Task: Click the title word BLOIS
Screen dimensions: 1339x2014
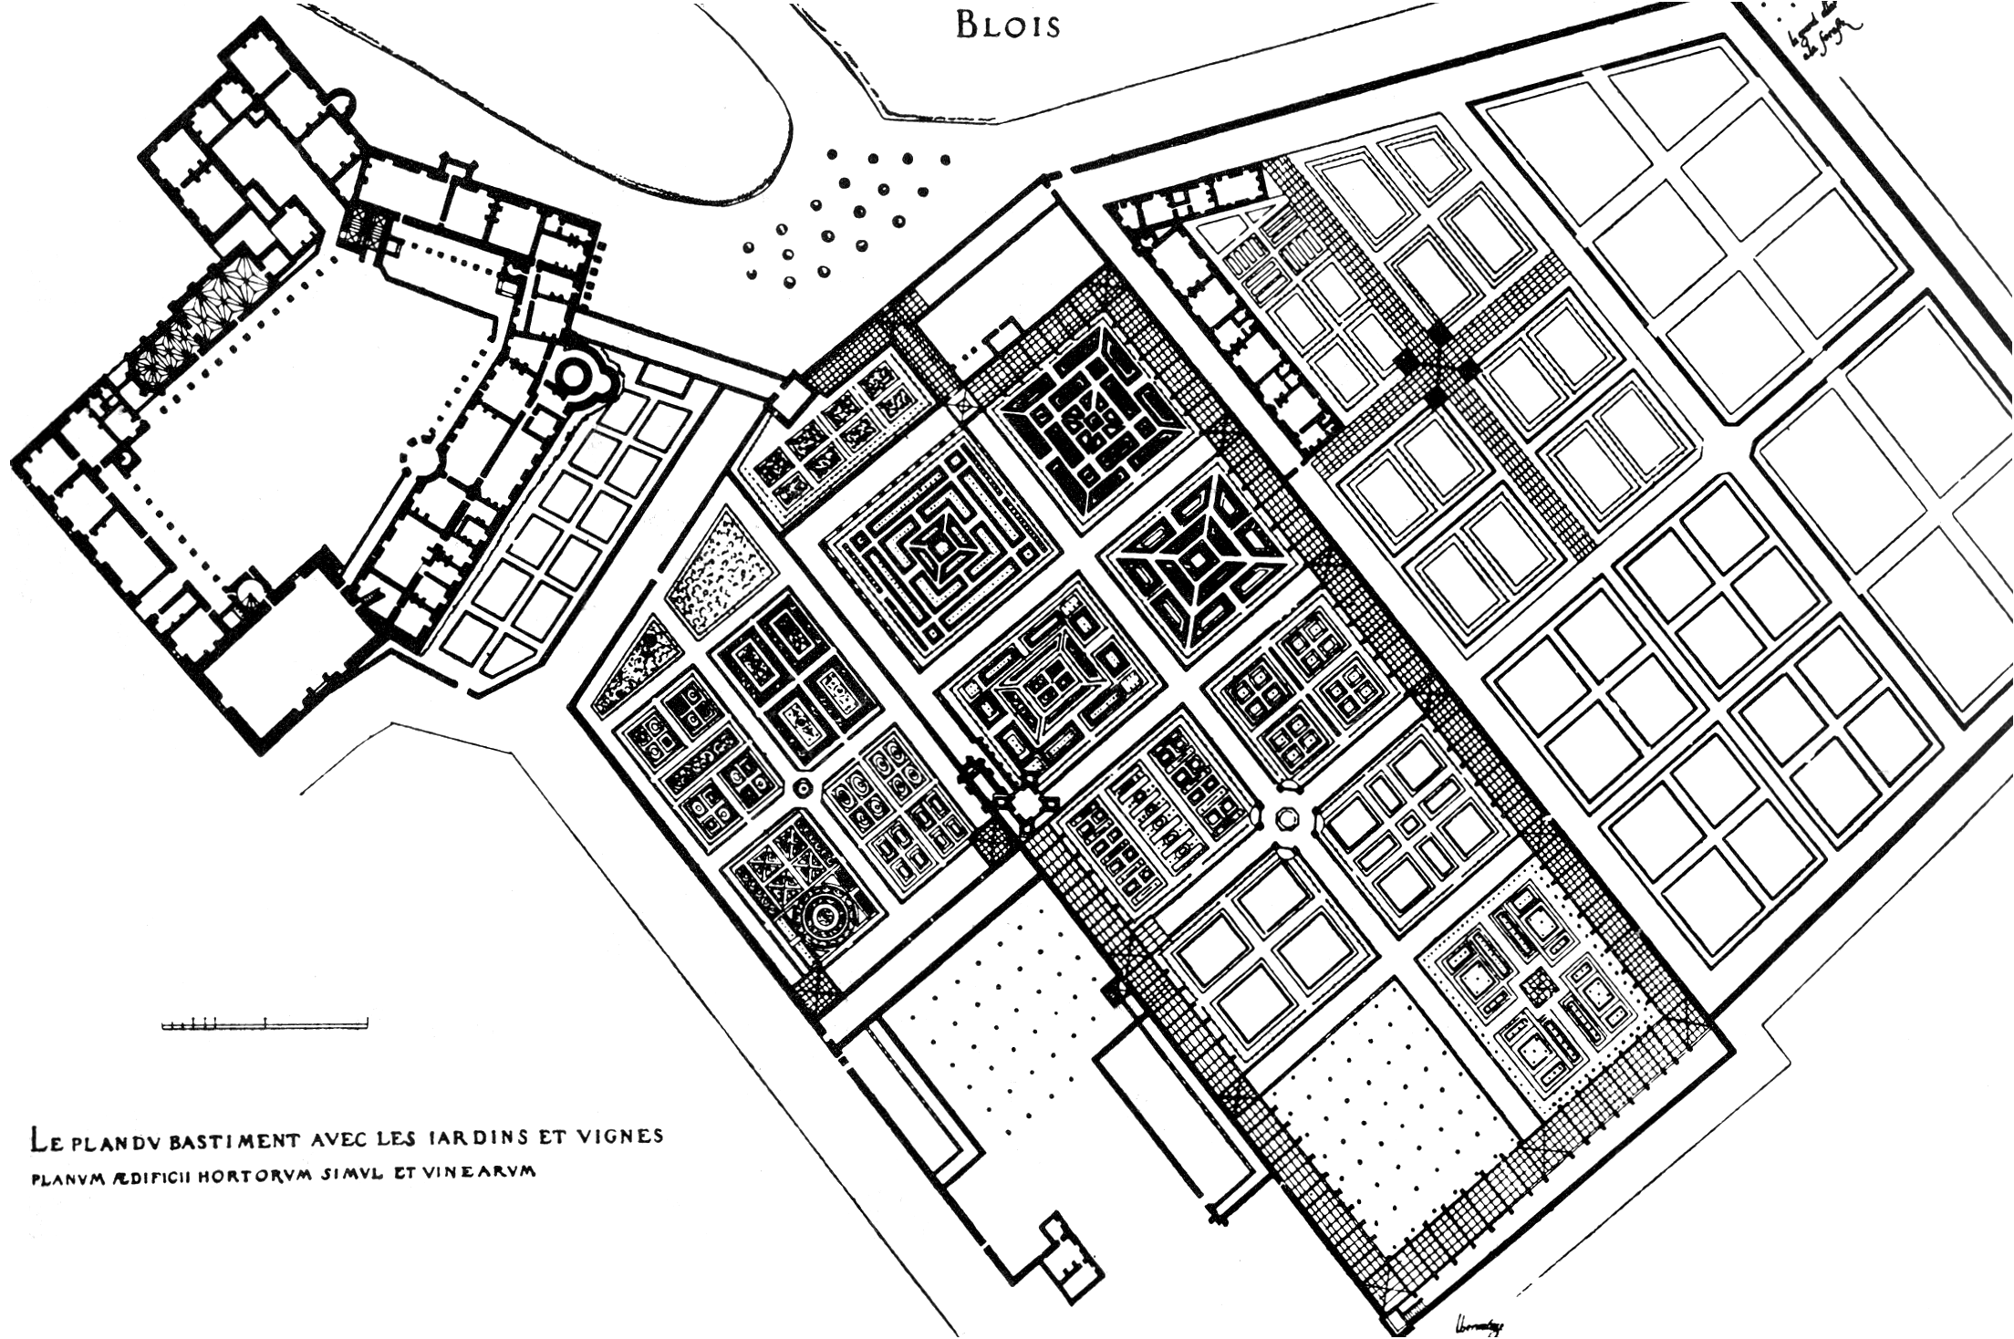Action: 1008,26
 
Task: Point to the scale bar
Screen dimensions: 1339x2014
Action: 265,1024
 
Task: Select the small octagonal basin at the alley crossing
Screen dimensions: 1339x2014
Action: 1287,816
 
